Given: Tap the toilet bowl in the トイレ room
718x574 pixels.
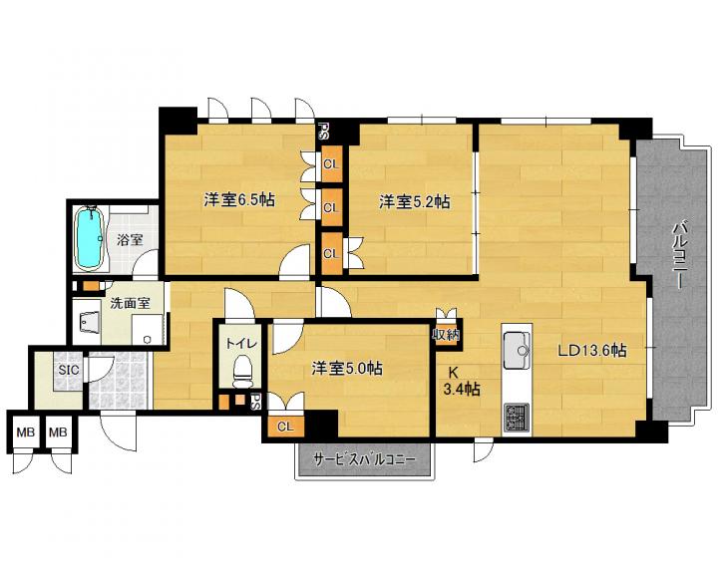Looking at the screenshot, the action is [x=242, y=371].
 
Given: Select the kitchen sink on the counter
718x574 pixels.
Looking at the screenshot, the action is [x=517, y=350].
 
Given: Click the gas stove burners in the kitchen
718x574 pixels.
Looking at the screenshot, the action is [x=517, y=418].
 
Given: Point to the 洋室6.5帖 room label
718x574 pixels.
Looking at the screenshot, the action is [x=239, y=199].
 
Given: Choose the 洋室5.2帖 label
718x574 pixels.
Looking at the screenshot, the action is [x=414, y=201].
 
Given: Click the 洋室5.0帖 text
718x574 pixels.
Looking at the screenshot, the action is [x=347, y=368].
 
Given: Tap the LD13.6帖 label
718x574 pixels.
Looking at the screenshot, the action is [x=591, y=351].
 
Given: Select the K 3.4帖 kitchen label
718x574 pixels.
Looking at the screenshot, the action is [x=461, y=381].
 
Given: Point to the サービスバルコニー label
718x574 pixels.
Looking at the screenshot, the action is [x=365, y=459].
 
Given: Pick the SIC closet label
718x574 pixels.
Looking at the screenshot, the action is [x=69, y=369].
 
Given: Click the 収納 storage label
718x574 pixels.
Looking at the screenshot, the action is [x=446, y=335].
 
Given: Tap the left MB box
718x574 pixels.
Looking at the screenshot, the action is [x=26, y=431].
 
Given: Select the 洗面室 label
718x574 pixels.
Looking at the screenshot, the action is [x=131, y=303].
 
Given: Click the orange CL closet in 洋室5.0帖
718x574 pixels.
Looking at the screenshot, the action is [x=286, y=427].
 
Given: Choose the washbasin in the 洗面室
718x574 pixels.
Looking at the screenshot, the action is [x=90, y=323].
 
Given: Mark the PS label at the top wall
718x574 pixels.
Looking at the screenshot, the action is [x=325, y=132].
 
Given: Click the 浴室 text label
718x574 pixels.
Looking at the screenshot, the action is [x=130, y=239].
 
